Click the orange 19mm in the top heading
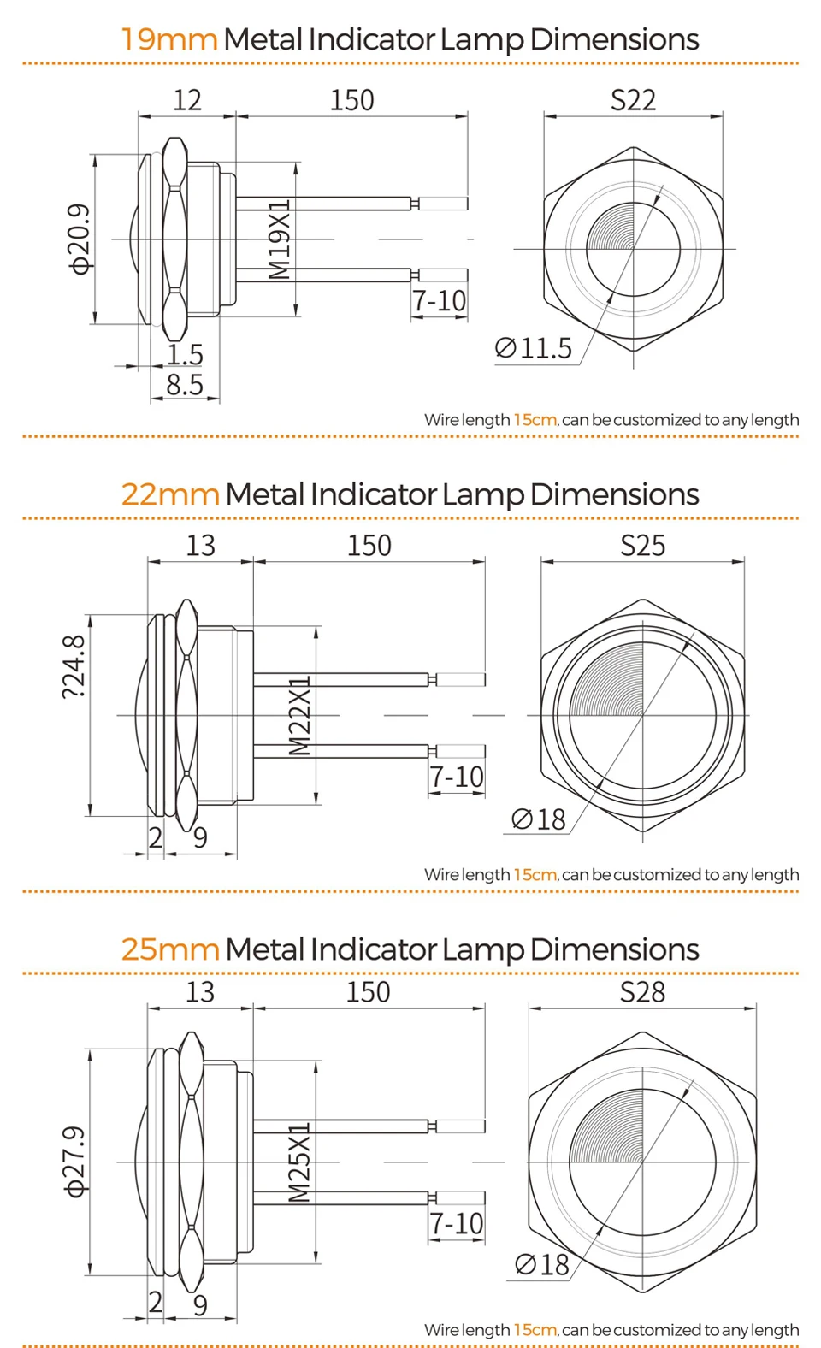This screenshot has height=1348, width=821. click(169, 39)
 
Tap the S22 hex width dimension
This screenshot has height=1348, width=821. click(633, 100)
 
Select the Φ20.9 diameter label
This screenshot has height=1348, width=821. click(80, 239)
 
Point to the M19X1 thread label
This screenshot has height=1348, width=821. click(279, 239)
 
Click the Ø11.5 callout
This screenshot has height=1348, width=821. click(534, 348)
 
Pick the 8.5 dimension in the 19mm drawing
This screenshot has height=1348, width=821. click(185, 385)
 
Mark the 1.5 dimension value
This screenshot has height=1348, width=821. click(185, 354)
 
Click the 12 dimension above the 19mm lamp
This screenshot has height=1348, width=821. click(186, 100)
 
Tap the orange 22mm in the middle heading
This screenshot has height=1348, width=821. click(170, 494)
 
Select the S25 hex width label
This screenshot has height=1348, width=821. click(643, 545)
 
